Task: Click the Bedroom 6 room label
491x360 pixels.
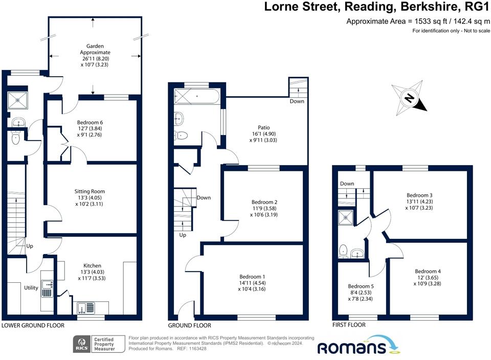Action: coord(90,122)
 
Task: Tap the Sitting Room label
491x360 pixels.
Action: coord(90,191)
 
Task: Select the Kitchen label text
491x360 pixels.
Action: coord(92,265)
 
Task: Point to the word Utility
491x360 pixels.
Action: coord(31,288)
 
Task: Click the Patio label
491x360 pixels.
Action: coord(264,127)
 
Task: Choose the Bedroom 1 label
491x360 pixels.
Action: coord(252,277)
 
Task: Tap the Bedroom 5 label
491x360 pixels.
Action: coord(361,286)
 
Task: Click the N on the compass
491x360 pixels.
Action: coord(409,98)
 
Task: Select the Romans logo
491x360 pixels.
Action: coord(359,346)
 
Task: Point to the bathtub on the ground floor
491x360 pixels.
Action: coord(196,96)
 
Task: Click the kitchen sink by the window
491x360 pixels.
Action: coord(86,308)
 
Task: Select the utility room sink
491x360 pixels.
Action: coord(47,288)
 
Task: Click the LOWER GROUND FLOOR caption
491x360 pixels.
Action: coord(33,326)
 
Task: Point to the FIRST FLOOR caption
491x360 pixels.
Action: coord(349,325)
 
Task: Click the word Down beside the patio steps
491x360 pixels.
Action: coord(297,101)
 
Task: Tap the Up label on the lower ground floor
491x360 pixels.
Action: coord(30,246)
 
